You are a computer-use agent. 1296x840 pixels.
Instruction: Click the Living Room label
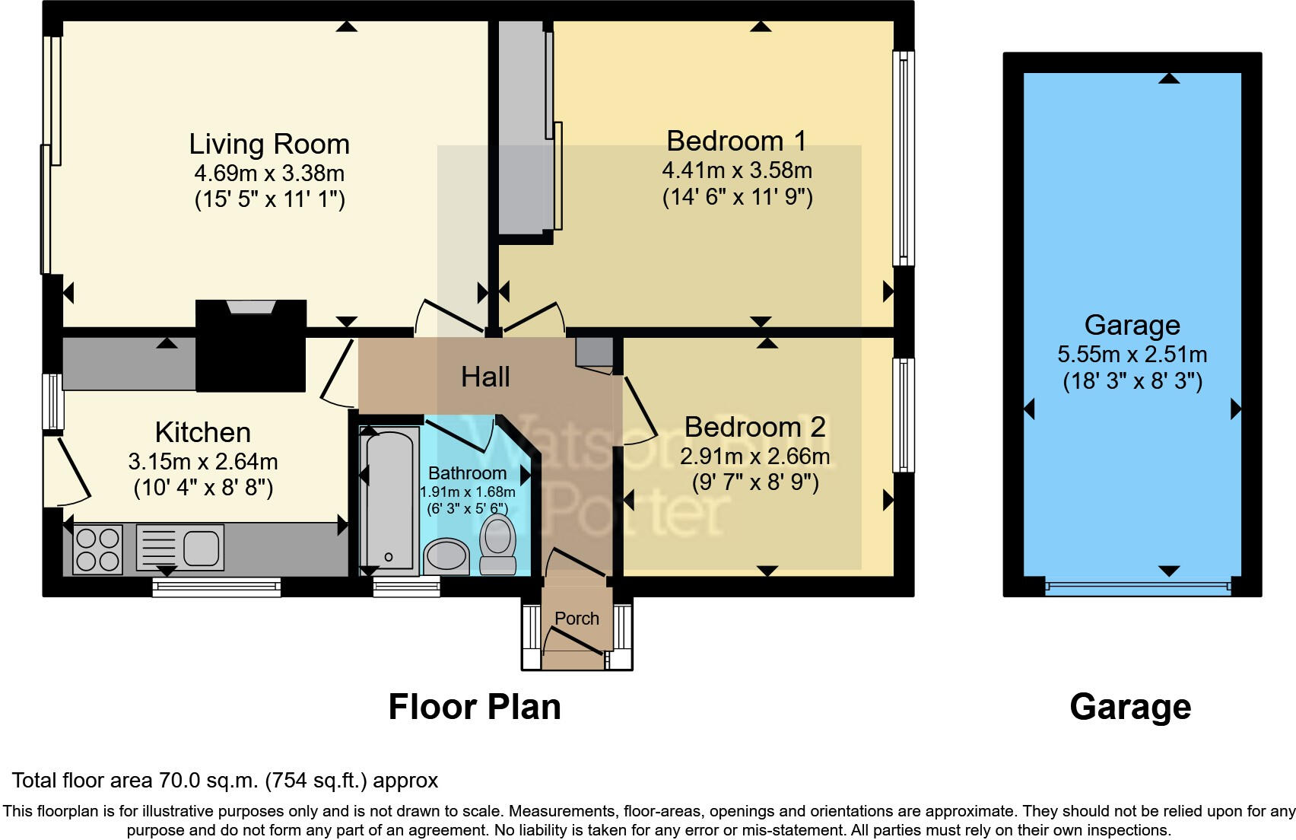269,144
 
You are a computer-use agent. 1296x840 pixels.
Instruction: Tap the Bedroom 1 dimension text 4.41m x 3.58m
737,170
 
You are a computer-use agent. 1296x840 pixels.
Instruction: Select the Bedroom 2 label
755,428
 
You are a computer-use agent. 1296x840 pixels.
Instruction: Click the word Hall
485,377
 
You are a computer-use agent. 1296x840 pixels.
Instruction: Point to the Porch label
577,619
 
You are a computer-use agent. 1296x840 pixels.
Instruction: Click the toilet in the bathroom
497,545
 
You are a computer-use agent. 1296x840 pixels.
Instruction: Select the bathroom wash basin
446,556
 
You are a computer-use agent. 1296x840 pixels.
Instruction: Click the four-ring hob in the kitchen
97,549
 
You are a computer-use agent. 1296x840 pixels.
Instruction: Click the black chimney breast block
250,345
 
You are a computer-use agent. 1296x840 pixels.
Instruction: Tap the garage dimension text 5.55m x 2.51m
1132,355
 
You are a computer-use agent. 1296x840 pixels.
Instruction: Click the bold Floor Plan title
475,707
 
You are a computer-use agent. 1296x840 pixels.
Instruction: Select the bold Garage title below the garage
1130,707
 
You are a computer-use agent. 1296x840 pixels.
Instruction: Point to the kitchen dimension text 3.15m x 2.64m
203,461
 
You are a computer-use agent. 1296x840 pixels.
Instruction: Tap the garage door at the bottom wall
1138,587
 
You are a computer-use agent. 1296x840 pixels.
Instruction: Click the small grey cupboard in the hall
594,352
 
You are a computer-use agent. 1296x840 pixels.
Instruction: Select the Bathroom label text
468,473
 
